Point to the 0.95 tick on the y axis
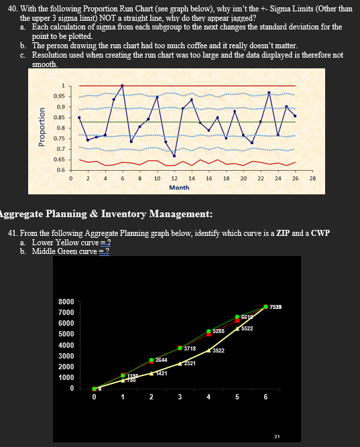click(59, 96)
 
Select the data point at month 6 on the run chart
click(123, 86)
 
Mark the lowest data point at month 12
click(174, 155)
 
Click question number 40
click(13, 8)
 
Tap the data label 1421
click(162, 373)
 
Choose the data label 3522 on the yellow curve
click(219, 350)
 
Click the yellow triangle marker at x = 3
click(180, 363)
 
